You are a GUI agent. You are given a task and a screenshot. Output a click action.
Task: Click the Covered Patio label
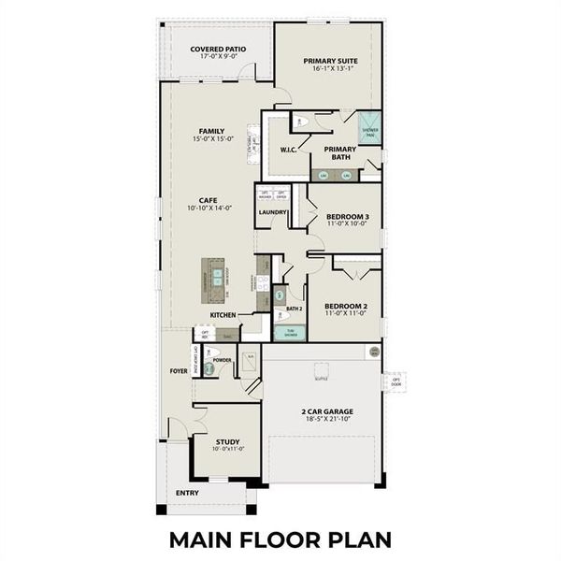point(217,49)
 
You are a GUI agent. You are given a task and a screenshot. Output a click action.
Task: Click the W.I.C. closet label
point(288,150)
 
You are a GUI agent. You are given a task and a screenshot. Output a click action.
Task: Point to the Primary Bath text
point(339,153)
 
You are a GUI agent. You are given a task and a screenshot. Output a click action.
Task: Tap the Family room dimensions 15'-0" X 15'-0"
point(211,139)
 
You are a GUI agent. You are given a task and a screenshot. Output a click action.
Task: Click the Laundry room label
point(272,212)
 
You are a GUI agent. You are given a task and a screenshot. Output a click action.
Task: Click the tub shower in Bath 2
point(289,332)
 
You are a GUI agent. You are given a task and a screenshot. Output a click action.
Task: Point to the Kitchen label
point(223,316)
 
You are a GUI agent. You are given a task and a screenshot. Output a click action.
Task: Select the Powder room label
point(223,359)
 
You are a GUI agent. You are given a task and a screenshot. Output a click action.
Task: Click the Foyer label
point(179,370)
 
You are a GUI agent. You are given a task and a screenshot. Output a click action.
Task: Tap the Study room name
point(227,442)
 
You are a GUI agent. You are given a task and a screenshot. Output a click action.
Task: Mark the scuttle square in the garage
point(321,368)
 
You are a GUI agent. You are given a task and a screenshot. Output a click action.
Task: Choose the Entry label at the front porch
point(187,492)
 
